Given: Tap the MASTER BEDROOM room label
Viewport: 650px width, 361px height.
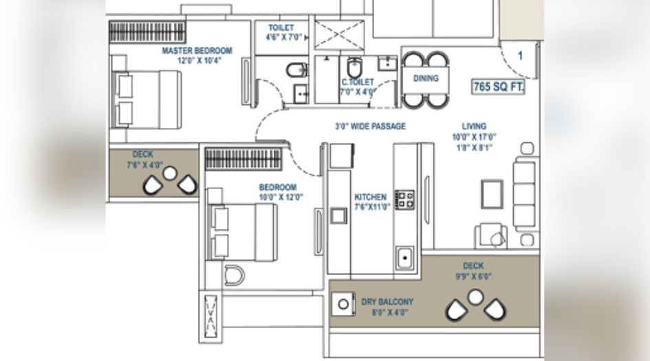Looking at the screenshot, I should pyautogui.click(x=197, y=51).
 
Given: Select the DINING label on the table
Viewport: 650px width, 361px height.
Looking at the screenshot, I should pyautogui.click(x=426, y=78).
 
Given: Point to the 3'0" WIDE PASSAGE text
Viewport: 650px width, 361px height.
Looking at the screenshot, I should pyautogui.click(x=370, y=127).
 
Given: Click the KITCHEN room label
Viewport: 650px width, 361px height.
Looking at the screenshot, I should pyautogui.click(x=370, y=197).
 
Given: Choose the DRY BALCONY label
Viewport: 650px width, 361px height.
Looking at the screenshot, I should pyautogui.click(x=387, y=301).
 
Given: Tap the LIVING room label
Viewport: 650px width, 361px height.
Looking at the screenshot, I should pyautogui.click(x=474, y=127).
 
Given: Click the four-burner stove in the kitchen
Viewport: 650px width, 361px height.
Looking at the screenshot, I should pyautogui.click(x=404, y=199).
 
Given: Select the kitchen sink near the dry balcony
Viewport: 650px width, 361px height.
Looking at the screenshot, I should pyautogui.click(x=404, y=259).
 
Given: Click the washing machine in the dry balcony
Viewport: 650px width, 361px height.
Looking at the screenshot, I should pyautogui.click(x=342, y=303).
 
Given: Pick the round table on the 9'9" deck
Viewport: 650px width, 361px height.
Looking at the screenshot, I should pyautogui.click(x=475, y=296).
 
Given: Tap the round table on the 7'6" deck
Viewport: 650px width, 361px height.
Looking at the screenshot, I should pyautogui.click(x=169, y=173).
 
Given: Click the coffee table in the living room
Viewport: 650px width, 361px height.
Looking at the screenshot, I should pyautogui.click(x=492, y=193).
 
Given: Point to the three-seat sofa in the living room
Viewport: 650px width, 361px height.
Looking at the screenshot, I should pyautogui.click(x=525, y=193).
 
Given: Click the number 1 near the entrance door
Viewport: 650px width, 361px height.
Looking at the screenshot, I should pyautogui.click(x=521, y=56).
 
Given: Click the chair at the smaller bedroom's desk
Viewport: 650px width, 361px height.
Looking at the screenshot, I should pyautogui.click(x=235, y=275).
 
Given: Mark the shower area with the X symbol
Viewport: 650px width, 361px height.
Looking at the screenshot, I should pyautogui.click(x=340, y=34).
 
